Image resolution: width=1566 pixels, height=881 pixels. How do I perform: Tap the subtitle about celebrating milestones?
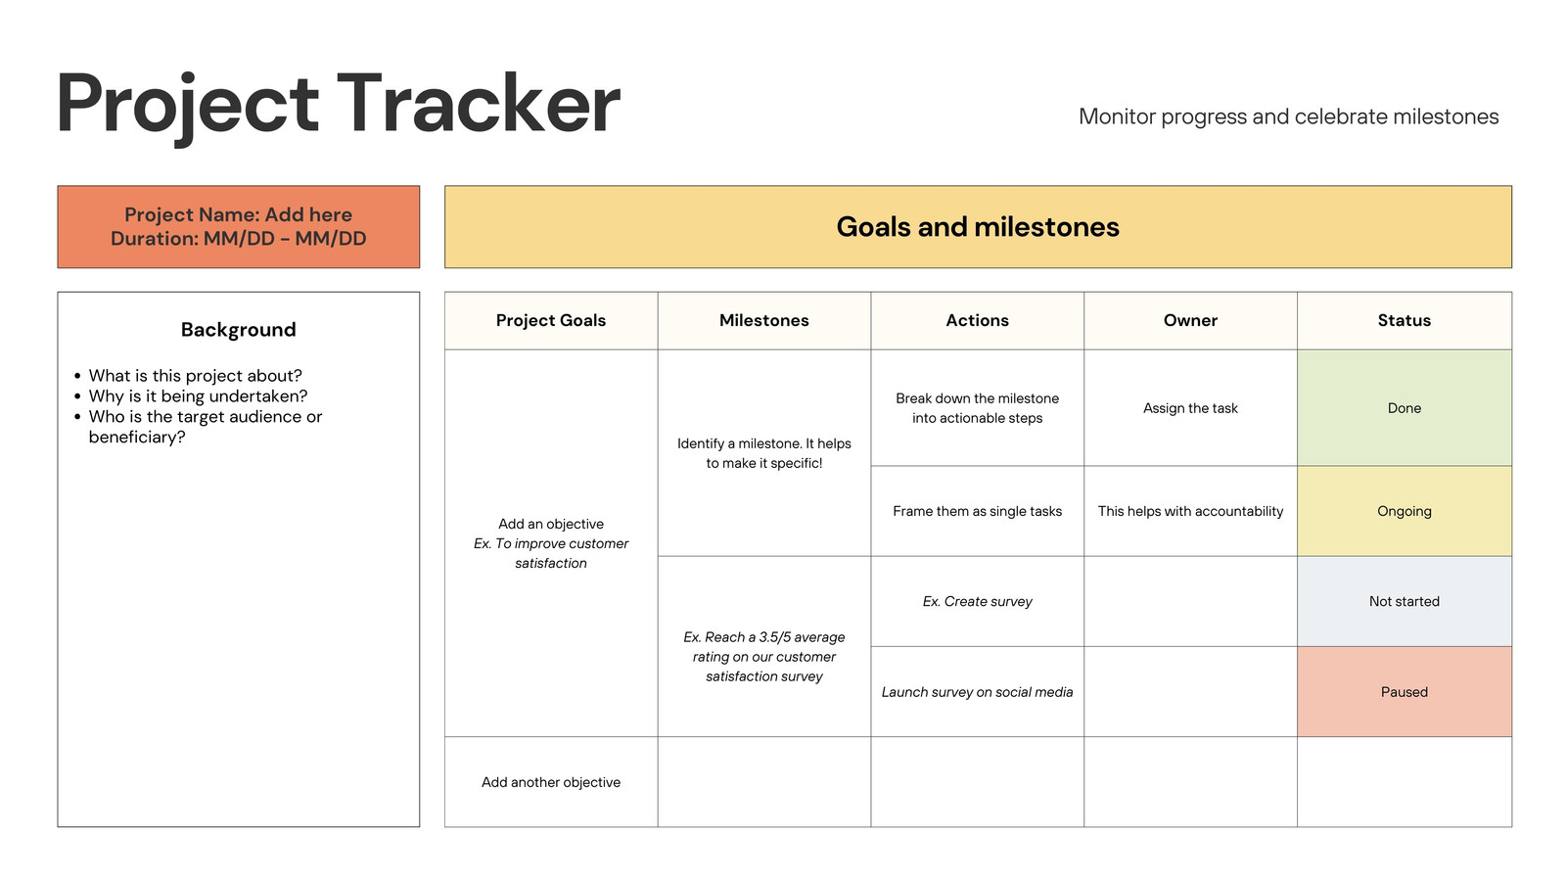[1288, 116]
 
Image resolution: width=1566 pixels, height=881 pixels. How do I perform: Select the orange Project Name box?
[239, 226]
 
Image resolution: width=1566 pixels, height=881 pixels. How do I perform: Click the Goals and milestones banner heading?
[978, 226]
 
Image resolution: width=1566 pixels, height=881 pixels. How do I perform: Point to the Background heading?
[239, 329]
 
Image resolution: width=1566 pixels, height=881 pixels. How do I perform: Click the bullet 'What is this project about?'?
[195, 376]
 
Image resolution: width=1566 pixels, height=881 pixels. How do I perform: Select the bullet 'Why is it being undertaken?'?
[198, 395]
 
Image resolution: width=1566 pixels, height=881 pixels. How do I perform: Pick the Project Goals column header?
[551, 320]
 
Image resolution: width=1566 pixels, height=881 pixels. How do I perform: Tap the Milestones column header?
[764, 320]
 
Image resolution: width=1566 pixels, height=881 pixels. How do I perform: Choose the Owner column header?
[1190, 320]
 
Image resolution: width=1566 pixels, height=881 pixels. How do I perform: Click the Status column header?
[1405, 320]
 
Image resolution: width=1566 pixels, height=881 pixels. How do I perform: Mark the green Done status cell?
[1405, 407]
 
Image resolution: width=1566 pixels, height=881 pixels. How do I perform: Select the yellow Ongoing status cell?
[1405, 511]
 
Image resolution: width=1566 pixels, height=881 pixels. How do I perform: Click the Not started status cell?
[1405, 601]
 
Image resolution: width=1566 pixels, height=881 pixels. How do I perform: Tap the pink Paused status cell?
[1405, 691]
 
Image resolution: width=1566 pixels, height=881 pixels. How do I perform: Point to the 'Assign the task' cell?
[1190, 407]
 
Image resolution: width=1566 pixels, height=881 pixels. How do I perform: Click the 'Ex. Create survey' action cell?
[978, 601]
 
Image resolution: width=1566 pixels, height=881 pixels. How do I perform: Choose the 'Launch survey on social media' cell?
[978, 691]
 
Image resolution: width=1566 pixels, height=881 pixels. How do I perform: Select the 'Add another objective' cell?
[551, 782]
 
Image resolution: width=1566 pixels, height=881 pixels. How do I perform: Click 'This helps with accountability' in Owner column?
[1190, 511]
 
